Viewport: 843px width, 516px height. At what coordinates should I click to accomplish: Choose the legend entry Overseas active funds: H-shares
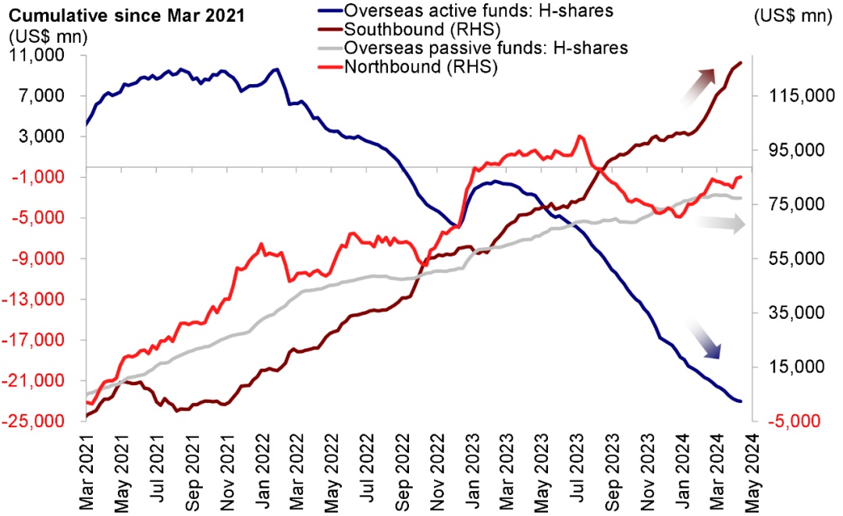coord(476,11)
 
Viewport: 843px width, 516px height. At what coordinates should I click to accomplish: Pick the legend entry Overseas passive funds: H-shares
coord(486,48)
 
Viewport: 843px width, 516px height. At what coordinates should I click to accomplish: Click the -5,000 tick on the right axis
coord(791,422)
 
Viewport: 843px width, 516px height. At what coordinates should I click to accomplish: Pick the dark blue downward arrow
coord(703,340)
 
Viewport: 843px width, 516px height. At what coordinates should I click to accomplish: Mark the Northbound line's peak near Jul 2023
coord(579,136)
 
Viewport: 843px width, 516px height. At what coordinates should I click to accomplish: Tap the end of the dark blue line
coord(741,401)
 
